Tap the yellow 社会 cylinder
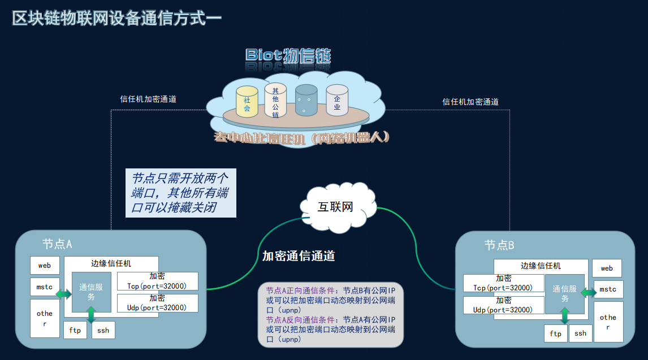click(247, 102)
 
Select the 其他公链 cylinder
click(275, 101)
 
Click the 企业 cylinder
click(337, 101)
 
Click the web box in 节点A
click(45, 265)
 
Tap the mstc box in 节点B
click(608, 289)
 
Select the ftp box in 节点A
click(75, 330)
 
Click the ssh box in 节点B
click(580, 333)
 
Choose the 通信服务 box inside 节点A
click(91, 292)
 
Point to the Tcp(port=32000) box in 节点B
click(503, 283)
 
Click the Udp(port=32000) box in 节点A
click(158, 303)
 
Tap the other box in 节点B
click(608, 322)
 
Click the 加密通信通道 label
click(299, 256)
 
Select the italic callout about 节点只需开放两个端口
click(180, 193)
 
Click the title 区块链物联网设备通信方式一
click(117, 18)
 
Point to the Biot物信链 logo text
click(288, 55)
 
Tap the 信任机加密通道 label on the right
click(470, 102)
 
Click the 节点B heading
click(499, 245)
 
